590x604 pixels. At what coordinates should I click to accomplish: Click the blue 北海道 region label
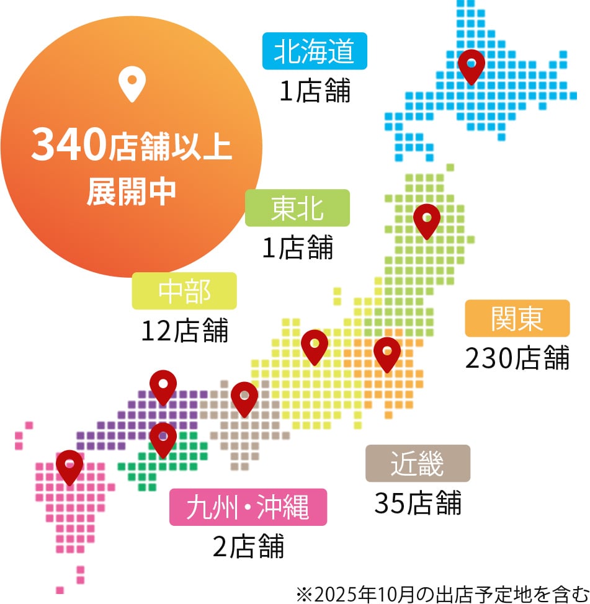315,51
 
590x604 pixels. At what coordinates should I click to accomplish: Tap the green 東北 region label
297,208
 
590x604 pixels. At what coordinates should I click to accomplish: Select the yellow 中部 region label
184,291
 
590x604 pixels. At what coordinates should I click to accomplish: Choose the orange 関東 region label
517,318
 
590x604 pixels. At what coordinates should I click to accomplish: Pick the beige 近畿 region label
418,463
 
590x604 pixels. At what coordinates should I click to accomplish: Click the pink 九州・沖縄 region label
248,508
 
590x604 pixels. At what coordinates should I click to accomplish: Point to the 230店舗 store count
517,357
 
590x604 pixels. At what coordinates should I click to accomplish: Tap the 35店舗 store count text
418,502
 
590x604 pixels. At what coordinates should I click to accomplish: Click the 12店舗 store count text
184,331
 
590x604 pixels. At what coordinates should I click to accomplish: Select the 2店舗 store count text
248,546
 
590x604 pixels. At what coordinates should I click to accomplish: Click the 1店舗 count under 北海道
315,91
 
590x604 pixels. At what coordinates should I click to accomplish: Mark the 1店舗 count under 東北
297,247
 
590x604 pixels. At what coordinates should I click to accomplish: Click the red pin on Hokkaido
471,66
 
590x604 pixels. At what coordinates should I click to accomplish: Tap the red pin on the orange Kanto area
387,353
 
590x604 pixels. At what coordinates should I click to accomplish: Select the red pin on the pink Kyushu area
69,466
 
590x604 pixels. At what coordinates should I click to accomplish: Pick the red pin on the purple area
163,386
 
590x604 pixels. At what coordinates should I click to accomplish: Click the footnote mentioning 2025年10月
440,593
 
